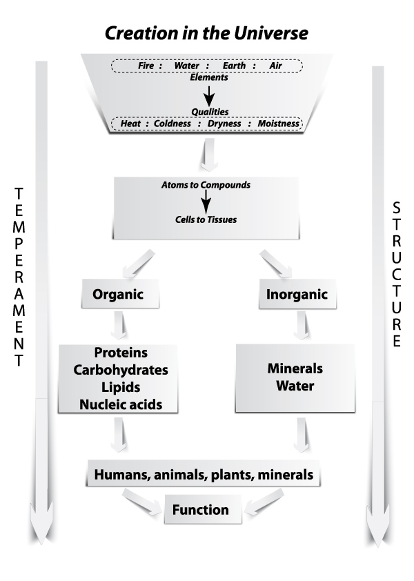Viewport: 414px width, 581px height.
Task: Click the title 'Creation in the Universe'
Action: [x=206, y=32]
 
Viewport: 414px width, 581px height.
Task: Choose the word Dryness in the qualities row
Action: [x=225, y=124]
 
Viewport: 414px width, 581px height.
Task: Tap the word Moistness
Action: [x=279, y=124]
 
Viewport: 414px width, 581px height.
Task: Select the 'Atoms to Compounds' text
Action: [x=206, y=185]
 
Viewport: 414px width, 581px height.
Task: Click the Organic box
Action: [x=117, y=295]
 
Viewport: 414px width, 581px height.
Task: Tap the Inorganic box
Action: [x=296, y=295]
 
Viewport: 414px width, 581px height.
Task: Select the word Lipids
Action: [x=121, y=387]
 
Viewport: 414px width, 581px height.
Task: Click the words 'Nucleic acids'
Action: [x=121, y=404]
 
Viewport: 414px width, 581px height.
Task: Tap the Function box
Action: [x=200, y=511]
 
